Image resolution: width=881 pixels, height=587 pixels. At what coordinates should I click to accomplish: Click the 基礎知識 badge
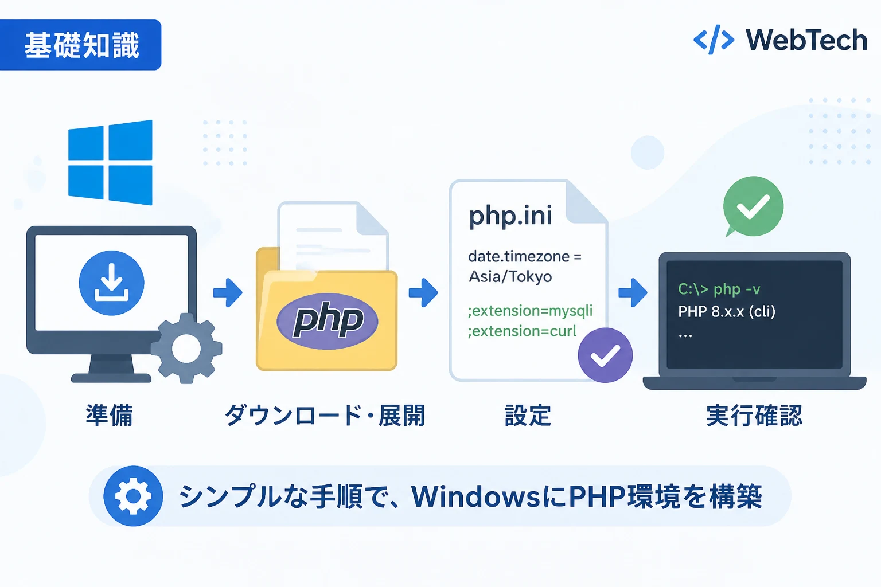click(80, 45)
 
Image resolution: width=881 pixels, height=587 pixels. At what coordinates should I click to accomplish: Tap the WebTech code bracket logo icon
click(714, 40)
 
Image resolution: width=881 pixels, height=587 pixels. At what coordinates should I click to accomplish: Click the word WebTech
click(806, 40)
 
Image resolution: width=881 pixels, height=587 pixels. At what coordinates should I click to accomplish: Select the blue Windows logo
click(110, 162)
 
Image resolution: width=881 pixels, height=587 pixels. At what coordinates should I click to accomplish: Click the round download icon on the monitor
click(112, 283)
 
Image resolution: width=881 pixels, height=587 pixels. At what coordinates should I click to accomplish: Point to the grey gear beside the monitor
click(186, 348)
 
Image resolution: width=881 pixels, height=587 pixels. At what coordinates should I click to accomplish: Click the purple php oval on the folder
click(328, 321)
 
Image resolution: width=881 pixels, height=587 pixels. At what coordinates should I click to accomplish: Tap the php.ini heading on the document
click(510, 216)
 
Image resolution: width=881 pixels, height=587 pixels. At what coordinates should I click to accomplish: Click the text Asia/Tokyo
click(510, 276)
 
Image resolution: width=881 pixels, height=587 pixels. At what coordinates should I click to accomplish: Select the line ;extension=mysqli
click(530, 311)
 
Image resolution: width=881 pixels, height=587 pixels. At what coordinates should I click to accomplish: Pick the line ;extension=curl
click(522, 331)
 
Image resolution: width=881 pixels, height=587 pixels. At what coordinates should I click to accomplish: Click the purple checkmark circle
click(605, 355)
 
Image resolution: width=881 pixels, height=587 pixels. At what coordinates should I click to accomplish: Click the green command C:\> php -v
click(719, 289)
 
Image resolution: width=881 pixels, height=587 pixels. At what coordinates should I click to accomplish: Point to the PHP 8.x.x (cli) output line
click(727, 312)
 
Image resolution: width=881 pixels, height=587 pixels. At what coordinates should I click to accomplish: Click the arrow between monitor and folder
click(228, 293)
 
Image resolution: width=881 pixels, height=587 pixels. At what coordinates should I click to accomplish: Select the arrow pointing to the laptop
click(633, 292)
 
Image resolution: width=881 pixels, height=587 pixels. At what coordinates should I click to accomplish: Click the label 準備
click(110, 415)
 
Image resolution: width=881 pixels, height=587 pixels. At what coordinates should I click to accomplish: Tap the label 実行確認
click(754, 415)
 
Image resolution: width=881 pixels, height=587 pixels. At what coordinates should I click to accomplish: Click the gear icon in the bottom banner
click(133, 496)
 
